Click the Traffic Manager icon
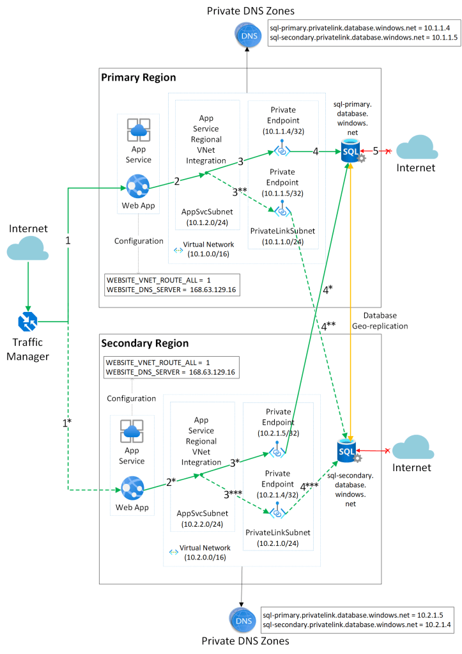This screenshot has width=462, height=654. tap(27, 322)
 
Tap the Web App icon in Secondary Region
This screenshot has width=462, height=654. tap(132, 490)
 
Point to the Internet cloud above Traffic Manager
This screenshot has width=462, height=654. tap(27, 246)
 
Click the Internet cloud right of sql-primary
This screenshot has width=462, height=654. tap(416, 148)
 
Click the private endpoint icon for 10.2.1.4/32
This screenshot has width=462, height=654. tap(277, 510)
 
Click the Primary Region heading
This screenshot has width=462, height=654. tap(139, 77)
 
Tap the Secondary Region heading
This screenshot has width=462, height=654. tap(145, 343)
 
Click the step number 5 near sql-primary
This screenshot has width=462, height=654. tap(376, 151)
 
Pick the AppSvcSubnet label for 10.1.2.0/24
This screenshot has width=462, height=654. tap(201, 211)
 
